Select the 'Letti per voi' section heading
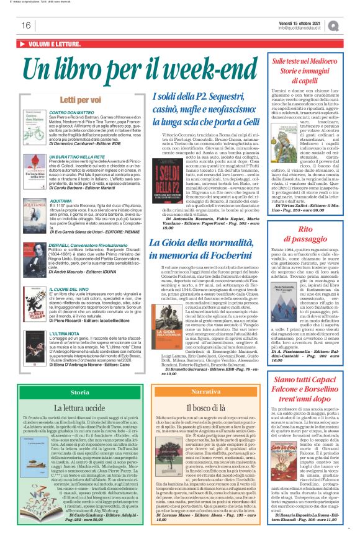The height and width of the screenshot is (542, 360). click(x=78, y=99)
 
